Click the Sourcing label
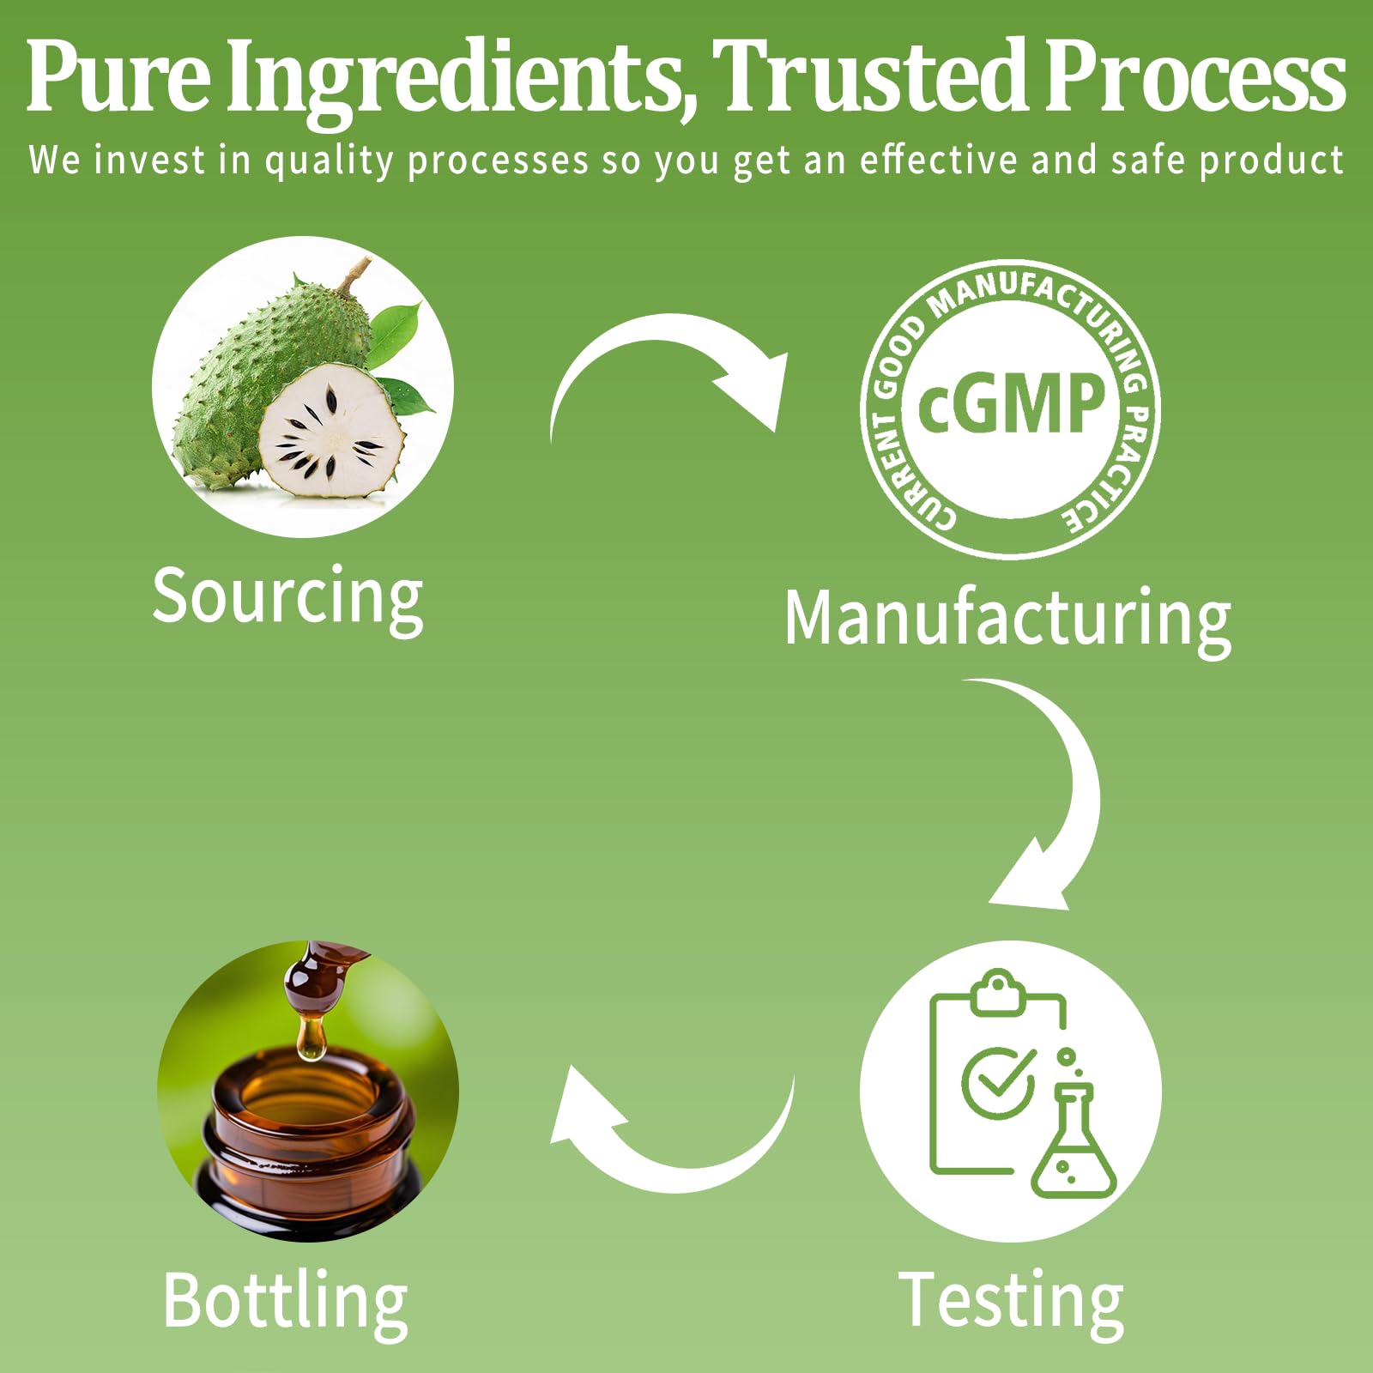(x=287, y=597)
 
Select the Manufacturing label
(x=1007, y=618)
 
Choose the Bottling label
(x=286, y=1301)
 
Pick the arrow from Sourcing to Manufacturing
(x=669, y=369)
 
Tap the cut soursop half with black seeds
(x=330, y=433)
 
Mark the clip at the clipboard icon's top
(x=997, y=994)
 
